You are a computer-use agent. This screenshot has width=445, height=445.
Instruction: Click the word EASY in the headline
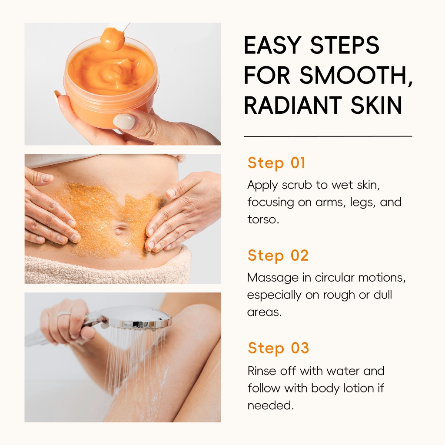273,45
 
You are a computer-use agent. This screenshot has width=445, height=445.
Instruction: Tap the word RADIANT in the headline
293,105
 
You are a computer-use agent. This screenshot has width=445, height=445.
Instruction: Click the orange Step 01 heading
276,163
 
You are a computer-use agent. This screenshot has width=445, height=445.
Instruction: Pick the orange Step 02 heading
278,256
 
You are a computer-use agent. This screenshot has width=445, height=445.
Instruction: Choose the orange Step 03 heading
278,348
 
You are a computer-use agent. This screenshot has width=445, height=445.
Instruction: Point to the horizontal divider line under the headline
328,136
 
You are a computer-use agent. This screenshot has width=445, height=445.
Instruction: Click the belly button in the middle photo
120,229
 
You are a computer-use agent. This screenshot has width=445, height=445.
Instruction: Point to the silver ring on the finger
64,314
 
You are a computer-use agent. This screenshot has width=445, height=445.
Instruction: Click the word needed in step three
270,405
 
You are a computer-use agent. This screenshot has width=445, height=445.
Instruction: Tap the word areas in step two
264,312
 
